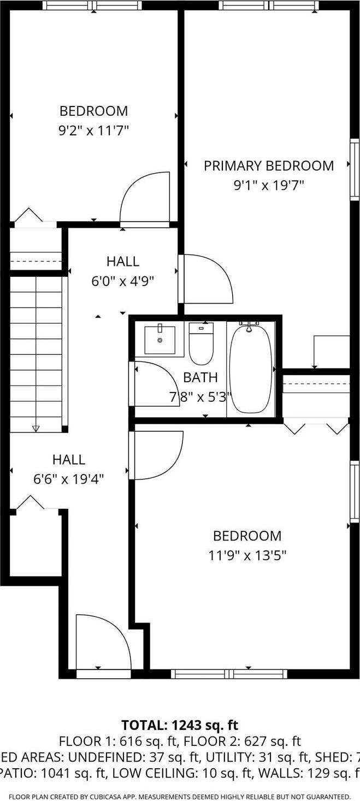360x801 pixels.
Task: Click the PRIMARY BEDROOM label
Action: [268, 165]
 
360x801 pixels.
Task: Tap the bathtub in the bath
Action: [251, 369]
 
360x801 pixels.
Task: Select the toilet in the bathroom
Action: [201, 343]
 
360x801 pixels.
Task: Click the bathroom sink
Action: [160, 340]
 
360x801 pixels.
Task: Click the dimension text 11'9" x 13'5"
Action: [247, 555]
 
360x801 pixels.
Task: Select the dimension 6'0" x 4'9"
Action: [122, 281]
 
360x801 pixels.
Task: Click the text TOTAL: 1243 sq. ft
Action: [180, 725]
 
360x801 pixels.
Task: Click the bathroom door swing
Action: [150, 383]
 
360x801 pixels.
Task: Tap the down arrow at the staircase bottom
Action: [36, 428]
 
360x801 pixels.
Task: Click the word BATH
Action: [200, 377]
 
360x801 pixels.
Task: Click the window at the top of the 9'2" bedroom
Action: [92, 5]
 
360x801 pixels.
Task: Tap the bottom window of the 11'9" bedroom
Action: [229, 673]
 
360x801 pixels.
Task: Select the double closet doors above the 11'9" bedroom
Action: [316, 426]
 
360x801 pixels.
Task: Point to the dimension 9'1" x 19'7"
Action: [268, 185]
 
